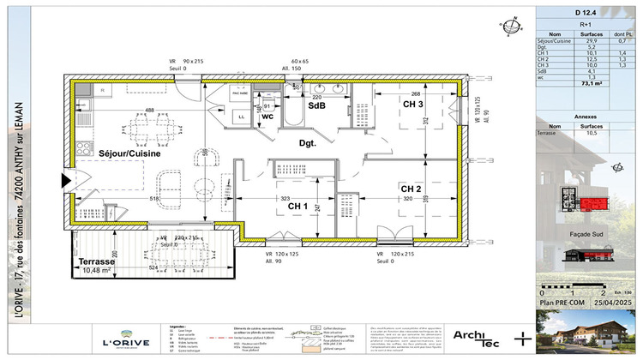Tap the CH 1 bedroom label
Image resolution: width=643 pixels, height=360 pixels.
tap(297, 207)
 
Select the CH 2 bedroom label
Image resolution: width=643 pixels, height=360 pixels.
tap(412, 189)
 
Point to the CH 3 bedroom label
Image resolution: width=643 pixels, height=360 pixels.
tap(413, 104)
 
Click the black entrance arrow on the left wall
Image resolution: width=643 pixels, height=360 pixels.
tap(65, 181)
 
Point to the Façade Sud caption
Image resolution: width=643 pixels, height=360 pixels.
tap(587, 233)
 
